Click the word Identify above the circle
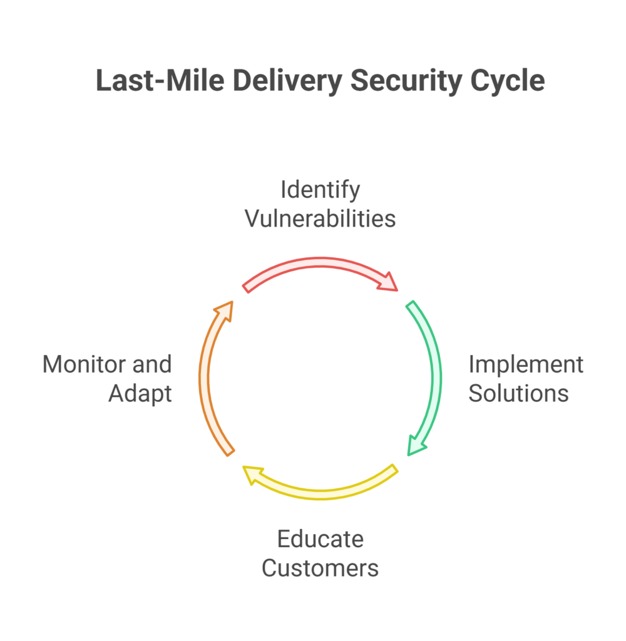(x=320, y=189)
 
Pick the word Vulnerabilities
(x=320, y=218)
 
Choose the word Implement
(x=526, y=364)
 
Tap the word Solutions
(x=518, y=393)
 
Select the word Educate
(x=320, y=538)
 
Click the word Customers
(x=320, y=568)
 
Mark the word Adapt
(x=140, y=393)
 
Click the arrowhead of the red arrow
(x=388, y=282)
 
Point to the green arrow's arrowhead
(x=416, y=444)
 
